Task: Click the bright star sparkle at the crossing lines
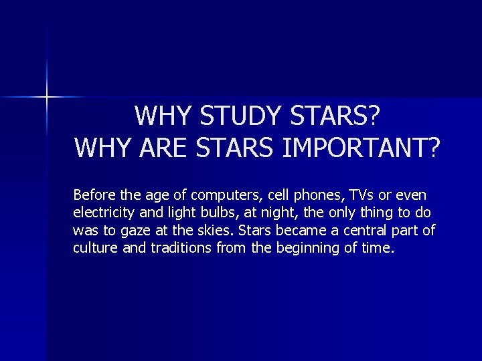click(48, 97)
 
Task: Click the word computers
click(226, 196)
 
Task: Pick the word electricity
click(106, 213)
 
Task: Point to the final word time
click(380, 248)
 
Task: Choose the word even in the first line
click(411, 196)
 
